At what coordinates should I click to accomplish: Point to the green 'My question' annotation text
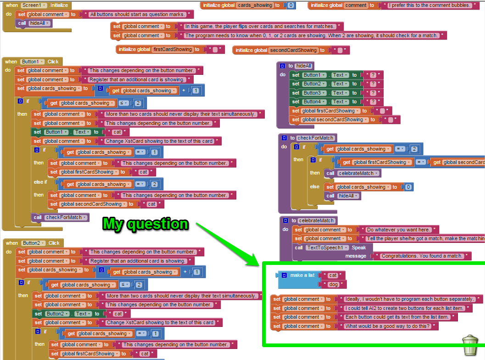point(145,224)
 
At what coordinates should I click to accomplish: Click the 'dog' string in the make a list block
point(334,284)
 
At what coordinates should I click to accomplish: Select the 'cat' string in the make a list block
point(333,275)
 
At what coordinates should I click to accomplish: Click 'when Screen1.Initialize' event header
point(37,5)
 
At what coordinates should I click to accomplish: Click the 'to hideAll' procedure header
point(303,66)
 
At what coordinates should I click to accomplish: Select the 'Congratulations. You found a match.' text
point(423,256)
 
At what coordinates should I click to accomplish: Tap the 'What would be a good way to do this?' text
point(387,326)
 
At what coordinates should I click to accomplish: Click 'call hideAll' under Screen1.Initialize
point(35,23)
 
